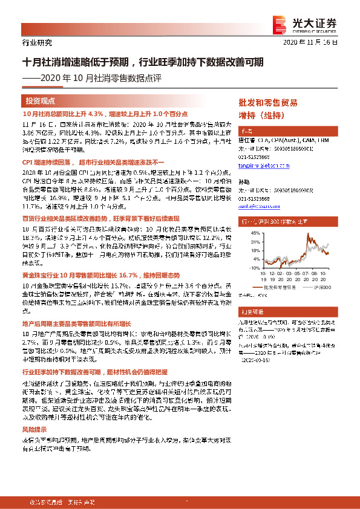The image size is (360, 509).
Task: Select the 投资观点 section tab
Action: (x=41, y=101)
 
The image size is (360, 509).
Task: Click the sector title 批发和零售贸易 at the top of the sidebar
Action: (x=267, y=102)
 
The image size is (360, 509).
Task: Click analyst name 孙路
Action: (x=244, y=181)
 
